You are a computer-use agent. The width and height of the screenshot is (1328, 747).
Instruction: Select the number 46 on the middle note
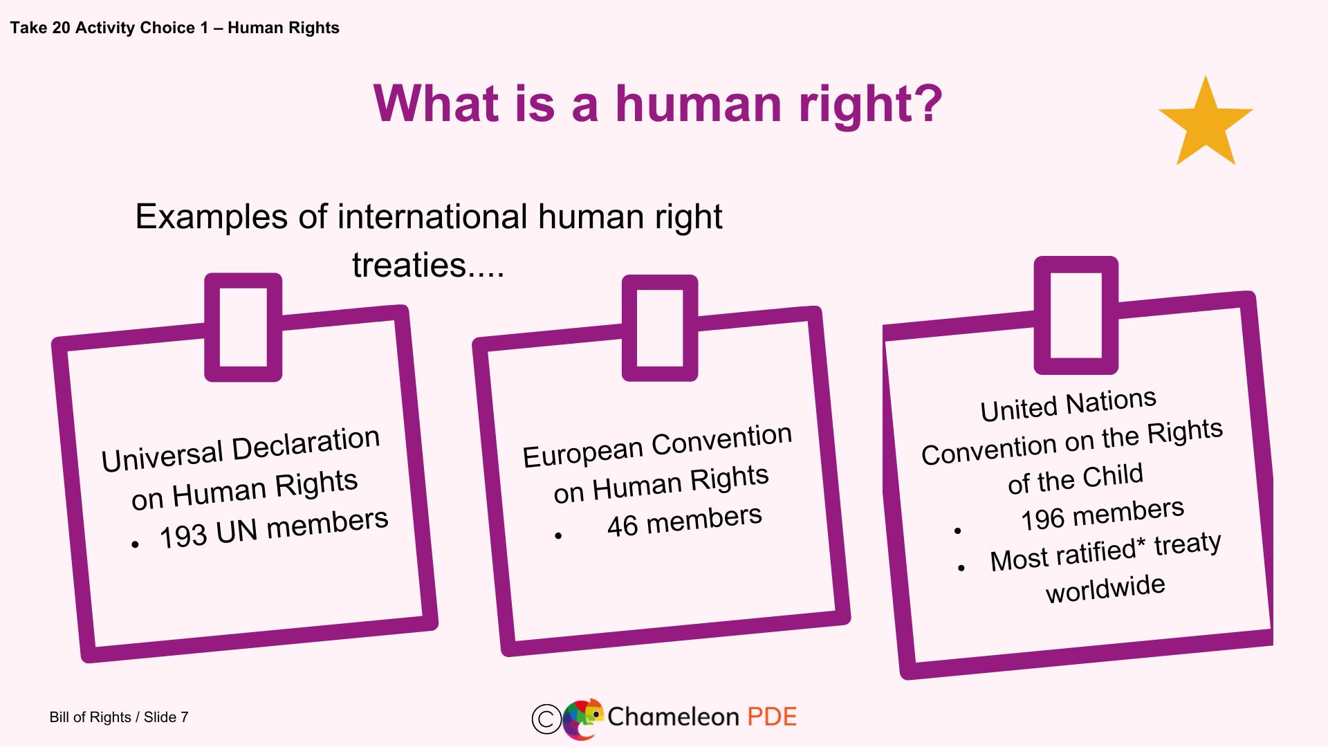coord(622,526)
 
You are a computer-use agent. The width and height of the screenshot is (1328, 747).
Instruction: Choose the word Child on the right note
coord(1113,476)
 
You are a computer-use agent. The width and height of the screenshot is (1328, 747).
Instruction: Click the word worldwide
coord(1105,589)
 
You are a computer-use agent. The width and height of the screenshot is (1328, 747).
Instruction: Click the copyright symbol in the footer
coord(546,719)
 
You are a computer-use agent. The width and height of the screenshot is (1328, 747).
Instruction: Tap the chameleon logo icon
coord(583,719)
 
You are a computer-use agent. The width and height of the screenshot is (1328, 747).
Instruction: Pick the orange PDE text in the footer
coord(772,717)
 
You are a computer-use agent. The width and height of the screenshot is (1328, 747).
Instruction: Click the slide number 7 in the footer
coord(185,717)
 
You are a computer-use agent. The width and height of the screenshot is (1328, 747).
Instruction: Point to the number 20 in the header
coord(61,28)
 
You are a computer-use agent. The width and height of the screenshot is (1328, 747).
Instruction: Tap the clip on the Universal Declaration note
coord(243,327)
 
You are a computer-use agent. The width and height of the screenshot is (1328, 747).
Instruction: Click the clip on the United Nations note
coord(1076,315)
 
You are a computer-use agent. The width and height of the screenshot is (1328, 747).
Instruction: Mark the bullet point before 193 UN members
coord(135,545)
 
